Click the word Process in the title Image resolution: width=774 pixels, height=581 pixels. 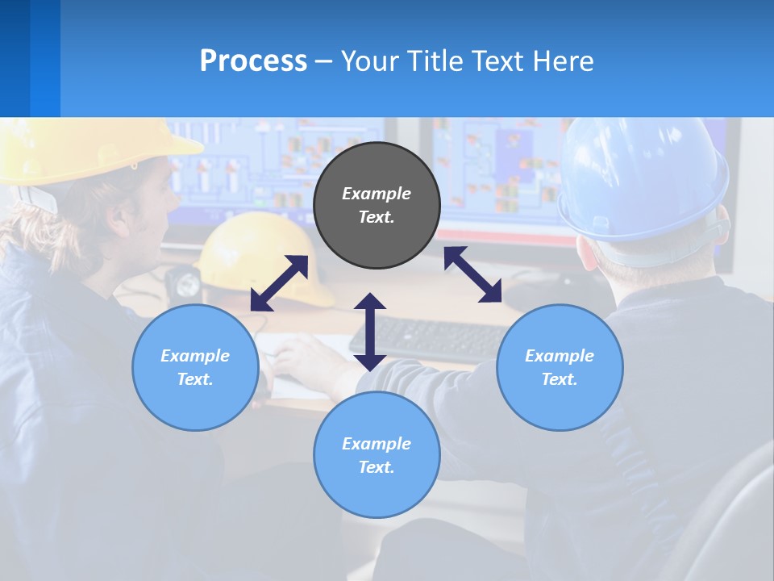(x=253, y=61)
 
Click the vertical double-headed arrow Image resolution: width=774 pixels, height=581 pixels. (x=370, y=332)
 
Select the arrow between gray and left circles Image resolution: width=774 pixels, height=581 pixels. (x=279, y=283)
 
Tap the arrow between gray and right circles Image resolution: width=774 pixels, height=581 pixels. (x=472, y=274)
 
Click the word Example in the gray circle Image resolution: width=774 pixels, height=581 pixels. (x=377, y=194)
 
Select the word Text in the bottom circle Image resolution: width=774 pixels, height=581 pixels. (x=377, y=467)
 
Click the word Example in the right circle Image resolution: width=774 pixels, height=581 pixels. (x=560, y=356)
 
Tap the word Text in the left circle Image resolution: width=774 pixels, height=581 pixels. (x=195, y=379)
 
